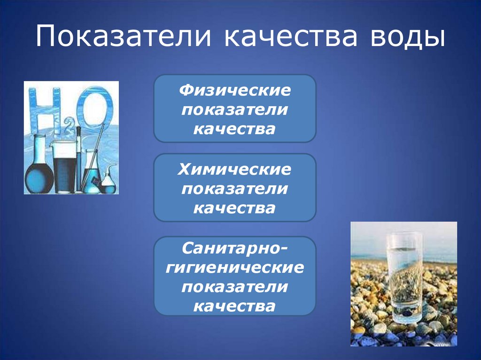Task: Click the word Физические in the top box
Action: [234, 90]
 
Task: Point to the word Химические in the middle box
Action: [234, 169]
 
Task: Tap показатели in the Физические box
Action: [234, 109]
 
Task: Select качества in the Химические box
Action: [234, 208]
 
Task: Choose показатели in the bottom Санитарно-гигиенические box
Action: [234, 287]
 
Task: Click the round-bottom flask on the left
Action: [38, 174]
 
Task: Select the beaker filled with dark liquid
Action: [63, 169]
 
